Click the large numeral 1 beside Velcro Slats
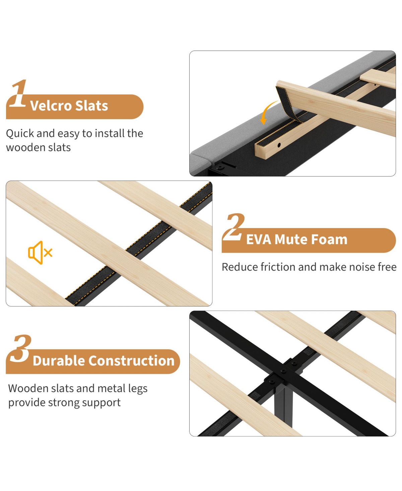click(x=18, y=93)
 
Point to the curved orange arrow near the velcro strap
click(x=269, y=112)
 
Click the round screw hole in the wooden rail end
click(x=279, y=145)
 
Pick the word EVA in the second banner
click(x=259, y=239)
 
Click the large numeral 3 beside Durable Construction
click(x=20, y=349)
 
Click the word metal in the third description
click(x=111, y=388)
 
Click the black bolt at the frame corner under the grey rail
click(x=219, y=167)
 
